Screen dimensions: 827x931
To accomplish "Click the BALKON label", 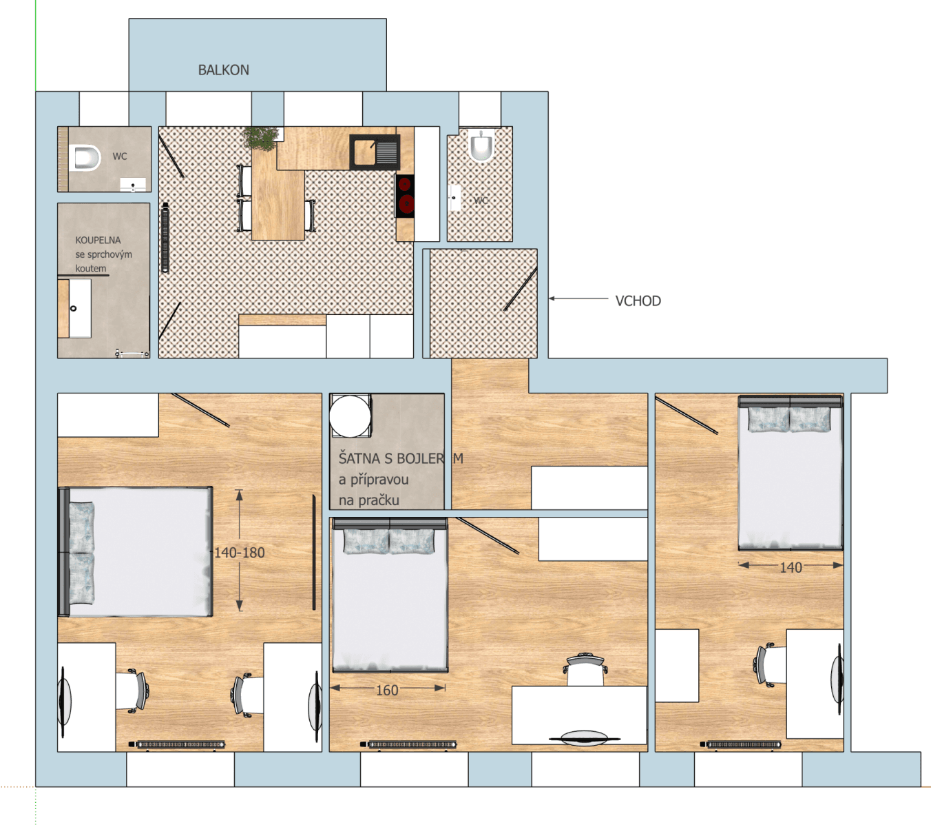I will pos(223,70).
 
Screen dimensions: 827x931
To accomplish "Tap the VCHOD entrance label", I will pos(638,301).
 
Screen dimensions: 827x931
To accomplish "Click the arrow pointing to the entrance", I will pos(578,299).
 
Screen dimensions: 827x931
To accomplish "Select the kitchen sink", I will pos(375,152).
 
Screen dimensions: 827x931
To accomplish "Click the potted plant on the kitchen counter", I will pos(262,138).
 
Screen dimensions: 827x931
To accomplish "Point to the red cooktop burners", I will pos(405,195).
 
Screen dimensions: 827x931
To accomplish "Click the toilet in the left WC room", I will pos(85,159).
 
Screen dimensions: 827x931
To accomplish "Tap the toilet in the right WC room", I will pos(481,146).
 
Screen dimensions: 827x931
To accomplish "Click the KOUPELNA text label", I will pos(98,241).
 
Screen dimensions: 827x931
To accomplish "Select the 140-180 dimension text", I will pos(239,553).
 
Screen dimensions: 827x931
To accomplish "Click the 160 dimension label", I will pos(387,690).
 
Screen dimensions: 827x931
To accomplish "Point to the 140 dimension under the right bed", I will pos(791,568).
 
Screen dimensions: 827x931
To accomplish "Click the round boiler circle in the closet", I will pos(350,416).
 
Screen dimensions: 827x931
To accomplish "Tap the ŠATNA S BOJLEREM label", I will pos(399,458).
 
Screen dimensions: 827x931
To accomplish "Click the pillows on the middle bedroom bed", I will pos(389,541).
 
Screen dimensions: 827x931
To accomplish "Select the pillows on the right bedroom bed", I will pos(789,419).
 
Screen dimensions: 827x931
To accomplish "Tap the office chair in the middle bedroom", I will pos(585,666).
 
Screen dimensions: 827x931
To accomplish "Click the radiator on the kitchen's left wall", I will pos(165,238).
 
